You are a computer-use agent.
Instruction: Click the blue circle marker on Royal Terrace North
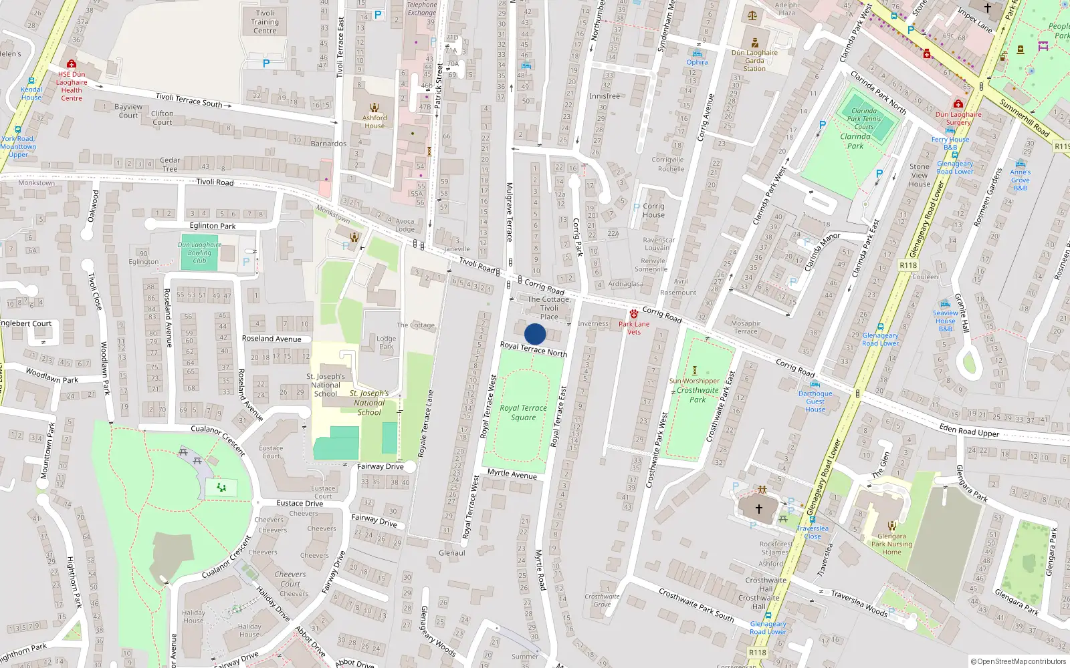click(535, 334)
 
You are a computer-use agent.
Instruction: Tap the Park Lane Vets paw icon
click(633, 314)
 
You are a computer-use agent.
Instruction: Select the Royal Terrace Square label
click(523, 413)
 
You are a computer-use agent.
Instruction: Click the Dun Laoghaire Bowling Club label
click(199, 253)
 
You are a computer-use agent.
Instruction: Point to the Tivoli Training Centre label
click(265, 22)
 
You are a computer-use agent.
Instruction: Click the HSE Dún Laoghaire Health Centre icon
click(72, 64)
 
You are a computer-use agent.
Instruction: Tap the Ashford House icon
click(374, 108)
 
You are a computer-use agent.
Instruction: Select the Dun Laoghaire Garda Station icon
click(754, 43)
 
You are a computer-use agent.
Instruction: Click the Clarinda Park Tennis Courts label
click(863, 119)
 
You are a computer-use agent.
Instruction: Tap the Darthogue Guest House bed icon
click(815, 384)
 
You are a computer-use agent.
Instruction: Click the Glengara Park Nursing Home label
click(891, 544)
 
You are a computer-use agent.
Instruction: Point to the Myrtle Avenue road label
click(512, 474)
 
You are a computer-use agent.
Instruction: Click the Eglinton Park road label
click(213, 226)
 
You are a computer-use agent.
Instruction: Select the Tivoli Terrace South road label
click(189, 100)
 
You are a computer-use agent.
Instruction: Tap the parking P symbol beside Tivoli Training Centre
click(266, 64)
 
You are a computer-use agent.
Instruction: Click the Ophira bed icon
click(697, 53)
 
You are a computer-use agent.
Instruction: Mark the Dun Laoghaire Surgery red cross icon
click(958, 104)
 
